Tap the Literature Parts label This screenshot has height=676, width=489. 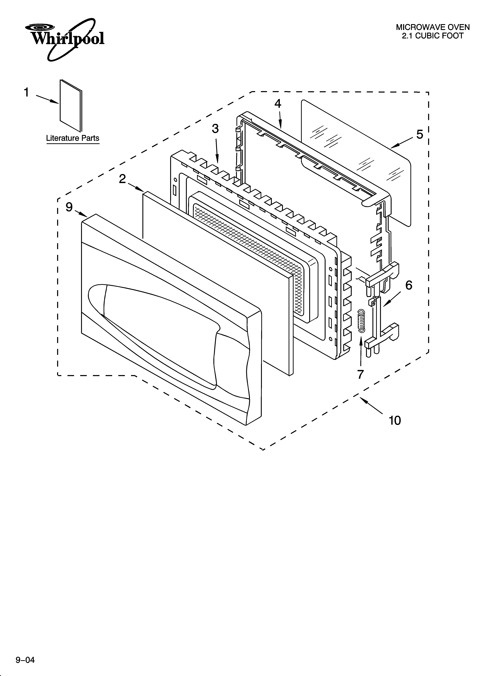click(73, 138)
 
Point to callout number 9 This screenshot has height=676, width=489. click(69, 207)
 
